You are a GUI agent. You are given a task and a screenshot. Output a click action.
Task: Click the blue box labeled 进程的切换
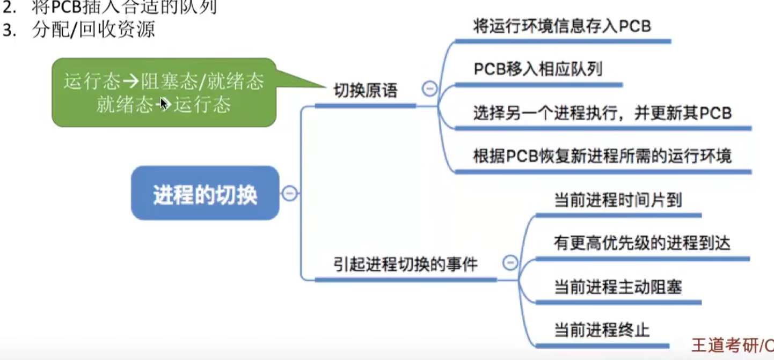(205, 193)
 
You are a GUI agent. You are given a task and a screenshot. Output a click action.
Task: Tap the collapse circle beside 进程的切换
(289, 193)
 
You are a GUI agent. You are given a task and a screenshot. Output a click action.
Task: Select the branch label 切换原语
(366, 90)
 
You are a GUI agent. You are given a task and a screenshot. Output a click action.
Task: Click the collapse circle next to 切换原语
(429, 89)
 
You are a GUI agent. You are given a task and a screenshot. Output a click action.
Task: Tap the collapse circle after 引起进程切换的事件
(510, 262)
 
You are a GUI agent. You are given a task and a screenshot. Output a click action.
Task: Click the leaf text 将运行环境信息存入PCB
(562, 26)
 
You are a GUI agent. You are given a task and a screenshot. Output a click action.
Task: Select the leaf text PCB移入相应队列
(538, 69)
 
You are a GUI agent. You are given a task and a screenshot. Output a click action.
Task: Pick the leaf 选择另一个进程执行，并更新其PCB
(602, 113)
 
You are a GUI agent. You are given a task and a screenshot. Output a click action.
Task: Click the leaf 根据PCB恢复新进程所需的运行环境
(602, 157)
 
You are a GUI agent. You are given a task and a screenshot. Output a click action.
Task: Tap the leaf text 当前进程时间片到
(618, 200)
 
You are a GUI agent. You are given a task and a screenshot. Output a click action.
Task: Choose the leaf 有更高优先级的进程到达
(642, 244)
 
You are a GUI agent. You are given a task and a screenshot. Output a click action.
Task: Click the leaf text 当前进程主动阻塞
(618, 287)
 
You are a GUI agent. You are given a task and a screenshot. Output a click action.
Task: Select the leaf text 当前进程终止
(602, 329)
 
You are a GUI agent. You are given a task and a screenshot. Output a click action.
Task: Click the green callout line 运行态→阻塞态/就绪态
(164, 82)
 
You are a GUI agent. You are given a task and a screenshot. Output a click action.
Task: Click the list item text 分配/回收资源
(93, 30)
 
